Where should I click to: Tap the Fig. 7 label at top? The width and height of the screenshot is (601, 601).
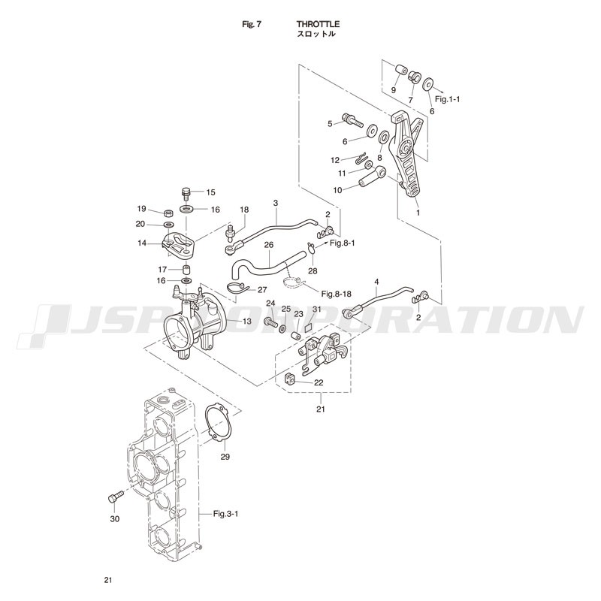coord(250,24)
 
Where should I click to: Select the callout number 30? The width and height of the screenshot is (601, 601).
coord(115,518)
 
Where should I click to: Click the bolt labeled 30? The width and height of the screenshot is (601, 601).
coord(114,497)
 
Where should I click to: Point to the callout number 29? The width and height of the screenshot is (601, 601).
coord(225,456)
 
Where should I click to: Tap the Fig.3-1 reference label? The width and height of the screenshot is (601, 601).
coord(225,514)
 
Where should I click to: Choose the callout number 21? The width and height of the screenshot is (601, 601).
coord(321,409)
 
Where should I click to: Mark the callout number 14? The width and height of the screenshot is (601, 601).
coord(141,243)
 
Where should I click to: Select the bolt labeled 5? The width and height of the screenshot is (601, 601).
coord(351,118)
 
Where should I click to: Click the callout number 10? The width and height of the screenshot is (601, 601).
coord(337,190)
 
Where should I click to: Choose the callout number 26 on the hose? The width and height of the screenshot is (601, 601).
coord(268,244)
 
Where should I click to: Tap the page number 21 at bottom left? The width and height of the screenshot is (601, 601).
coord(108,580)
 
